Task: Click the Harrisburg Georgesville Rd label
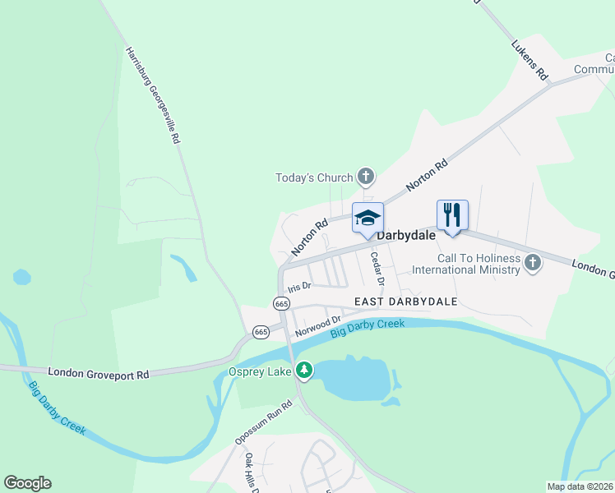point(152,95)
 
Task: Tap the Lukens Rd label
point(529,59)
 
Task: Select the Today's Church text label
point(314,177)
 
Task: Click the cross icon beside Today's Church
point(366,176)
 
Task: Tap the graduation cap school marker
point(368,218)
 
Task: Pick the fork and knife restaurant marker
point(451,215)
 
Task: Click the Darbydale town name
point(405,235)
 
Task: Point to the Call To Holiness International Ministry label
point(466,264)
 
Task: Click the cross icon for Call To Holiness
point(533,263)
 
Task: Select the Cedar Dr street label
point(377,268)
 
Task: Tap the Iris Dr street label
point(298,287)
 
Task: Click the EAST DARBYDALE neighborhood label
point(405,302)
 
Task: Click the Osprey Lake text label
point(260,371)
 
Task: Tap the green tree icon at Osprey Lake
point(304,371)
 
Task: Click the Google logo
point(27,483)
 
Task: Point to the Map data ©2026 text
point(579,486)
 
